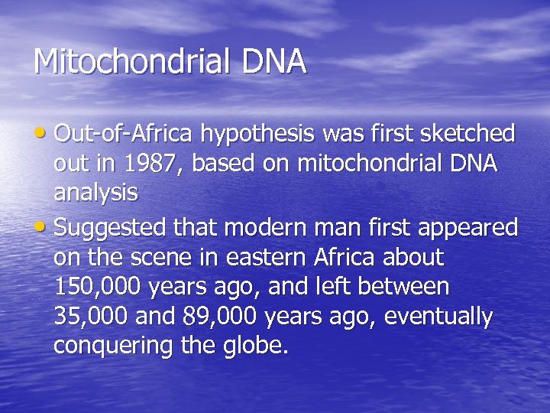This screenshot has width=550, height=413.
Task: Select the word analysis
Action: [95, 194]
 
